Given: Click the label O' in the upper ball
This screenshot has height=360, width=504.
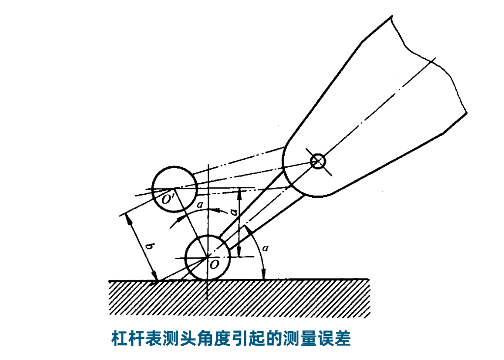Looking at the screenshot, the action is (168, 199).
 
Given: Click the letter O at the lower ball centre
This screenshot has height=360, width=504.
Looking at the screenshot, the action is (214, 265).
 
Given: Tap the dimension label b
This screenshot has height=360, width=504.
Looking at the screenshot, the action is (149, 247).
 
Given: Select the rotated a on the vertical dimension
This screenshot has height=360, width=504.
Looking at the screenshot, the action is (234, 211).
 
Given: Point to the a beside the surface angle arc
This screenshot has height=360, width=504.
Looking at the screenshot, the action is (266, 248).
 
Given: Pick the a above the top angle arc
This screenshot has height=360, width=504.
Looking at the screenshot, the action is (200, 204).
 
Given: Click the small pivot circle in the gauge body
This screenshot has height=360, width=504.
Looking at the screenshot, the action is (318, 161).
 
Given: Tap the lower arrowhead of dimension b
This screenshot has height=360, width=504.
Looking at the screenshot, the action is (154, 276).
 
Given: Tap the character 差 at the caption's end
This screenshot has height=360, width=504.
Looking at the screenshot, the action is (342, 339).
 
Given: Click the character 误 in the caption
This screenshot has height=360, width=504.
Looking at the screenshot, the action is (326, 339).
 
